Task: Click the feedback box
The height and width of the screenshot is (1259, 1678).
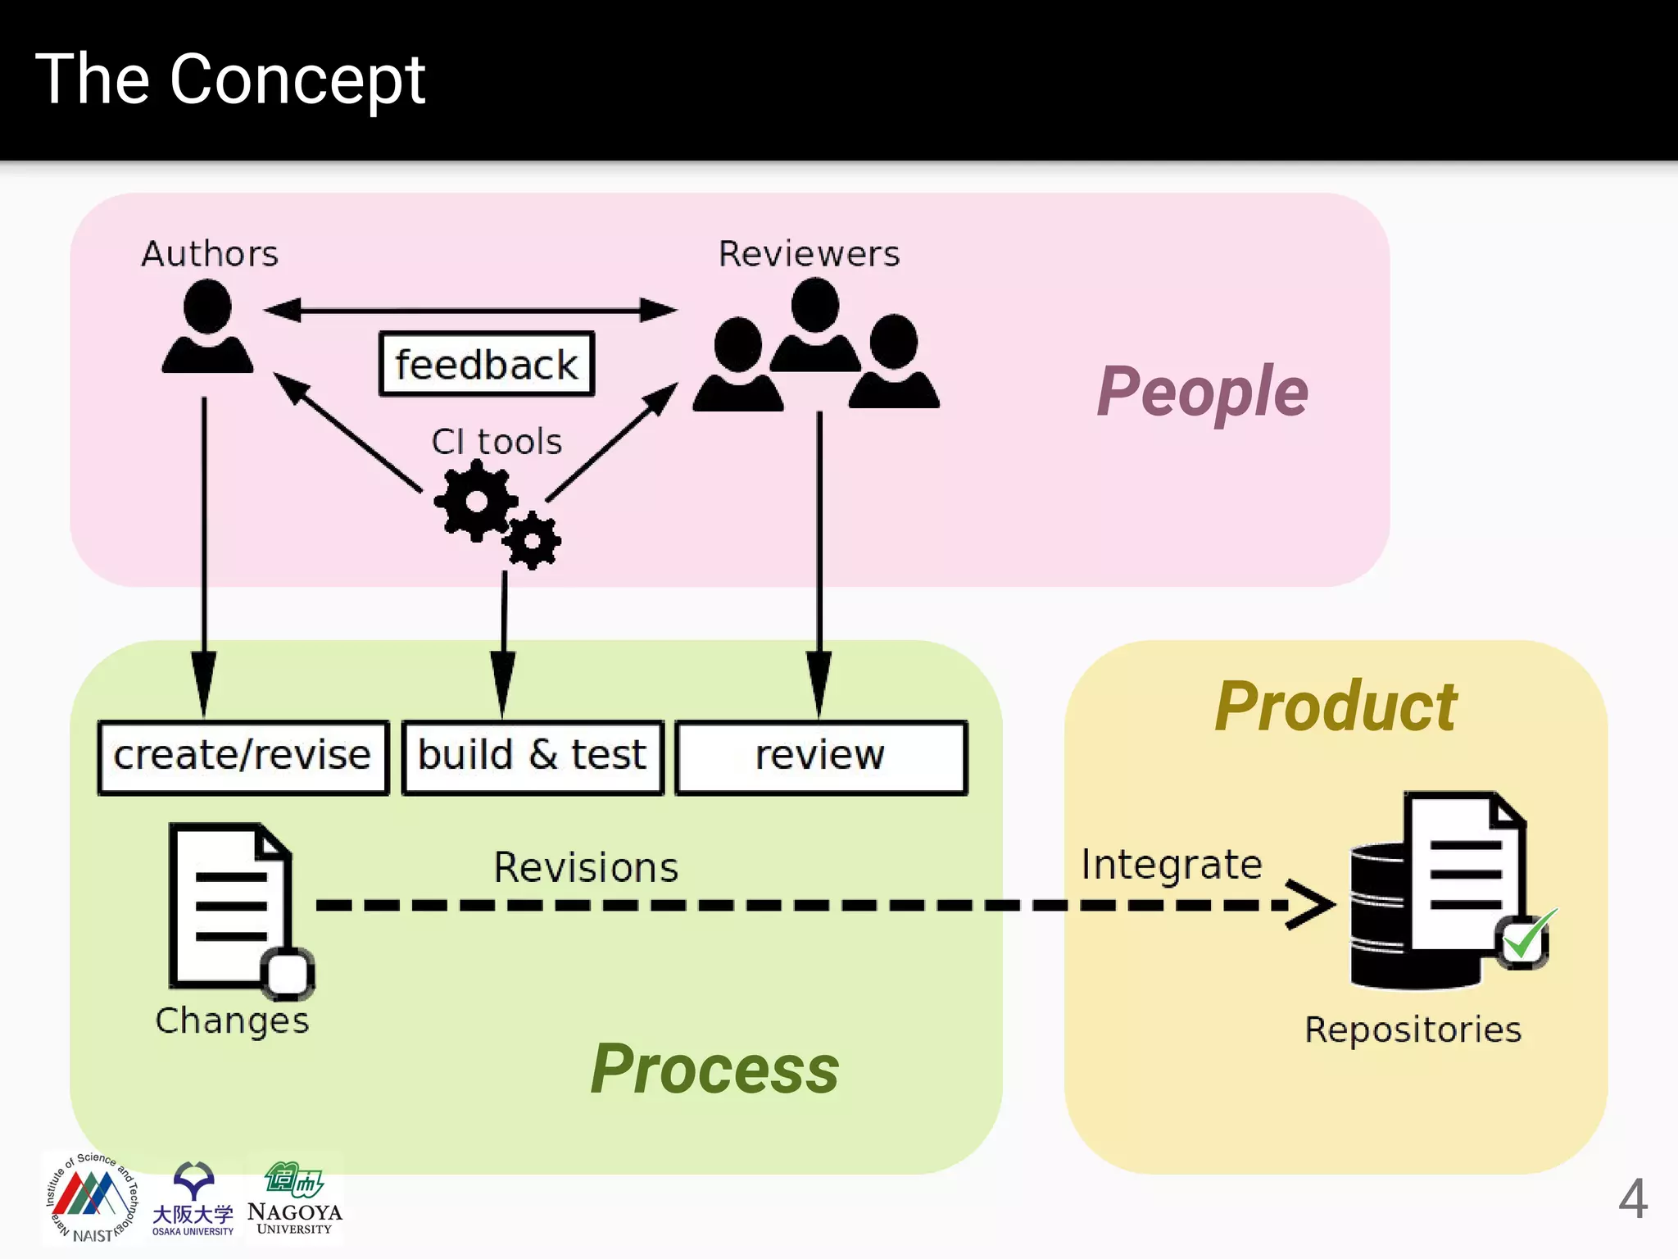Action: point(487,364)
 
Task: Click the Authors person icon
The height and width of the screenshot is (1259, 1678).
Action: point(207,328)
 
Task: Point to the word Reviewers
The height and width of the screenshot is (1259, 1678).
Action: point(809,254)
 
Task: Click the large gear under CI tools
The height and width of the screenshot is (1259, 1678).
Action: point(476,500)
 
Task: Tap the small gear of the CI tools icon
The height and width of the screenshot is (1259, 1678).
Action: point(533,541)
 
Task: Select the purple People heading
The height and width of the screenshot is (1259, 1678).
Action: point(1201,392)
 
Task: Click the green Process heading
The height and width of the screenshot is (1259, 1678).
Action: point(714,1069)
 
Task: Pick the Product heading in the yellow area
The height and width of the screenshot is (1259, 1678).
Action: point(1336,707)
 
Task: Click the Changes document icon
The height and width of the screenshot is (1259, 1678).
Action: point(232,906)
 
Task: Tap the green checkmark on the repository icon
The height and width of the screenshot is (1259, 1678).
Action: point(1526,937)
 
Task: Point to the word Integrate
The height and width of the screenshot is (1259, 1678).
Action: point(1172,865)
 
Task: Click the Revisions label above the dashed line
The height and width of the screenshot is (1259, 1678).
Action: point(586,867)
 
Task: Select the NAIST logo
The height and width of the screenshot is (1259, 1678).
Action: point(91,1198)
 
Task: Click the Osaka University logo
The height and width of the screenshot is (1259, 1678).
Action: point(193,1198)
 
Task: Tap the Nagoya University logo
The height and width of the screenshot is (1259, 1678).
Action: point(294,1198)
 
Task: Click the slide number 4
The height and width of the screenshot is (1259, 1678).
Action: point(1632,1199)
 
